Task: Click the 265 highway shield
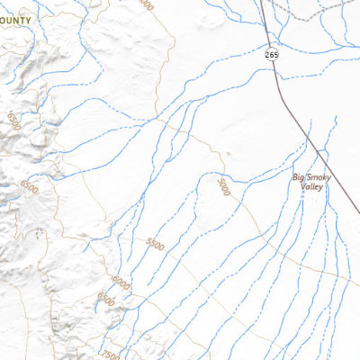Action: (x=272, y=56)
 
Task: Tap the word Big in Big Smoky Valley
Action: (x=300, y=178)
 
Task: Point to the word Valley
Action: (x=312, y=187)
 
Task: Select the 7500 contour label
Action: (x=110, y=354)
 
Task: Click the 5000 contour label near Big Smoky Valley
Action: (x=222, y=186)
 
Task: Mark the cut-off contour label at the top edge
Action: (x=147, y=4)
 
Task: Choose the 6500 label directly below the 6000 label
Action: (x=106, y=299)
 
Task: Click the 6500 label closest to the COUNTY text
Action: (x=12, y=119)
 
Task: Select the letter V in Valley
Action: (x=302, y=187)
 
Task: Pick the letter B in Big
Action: (x=295, y=178)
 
